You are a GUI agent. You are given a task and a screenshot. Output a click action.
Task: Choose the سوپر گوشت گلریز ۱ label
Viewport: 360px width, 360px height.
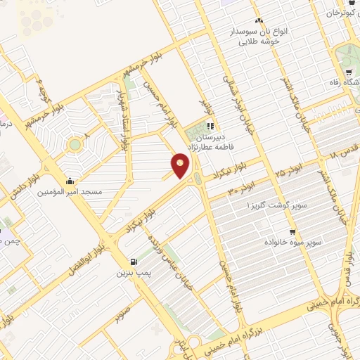click(257, 205)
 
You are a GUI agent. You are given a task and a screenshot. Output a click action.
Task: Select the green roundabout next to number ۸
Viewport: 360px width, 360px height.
click(74, 145)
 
